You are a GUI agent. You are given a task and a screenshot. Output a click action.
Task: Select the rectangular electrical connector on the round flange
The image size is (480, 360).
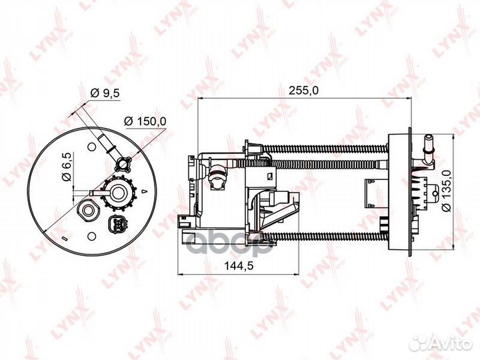[x=117, y=223]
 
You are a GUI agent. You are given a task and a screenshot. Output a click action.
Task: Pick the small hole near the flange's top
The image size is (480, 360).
[x=87, y=143]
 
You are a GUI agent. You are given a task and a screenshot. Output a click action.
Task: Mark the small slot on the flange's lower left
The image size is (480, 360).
[x=62, y=237]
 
